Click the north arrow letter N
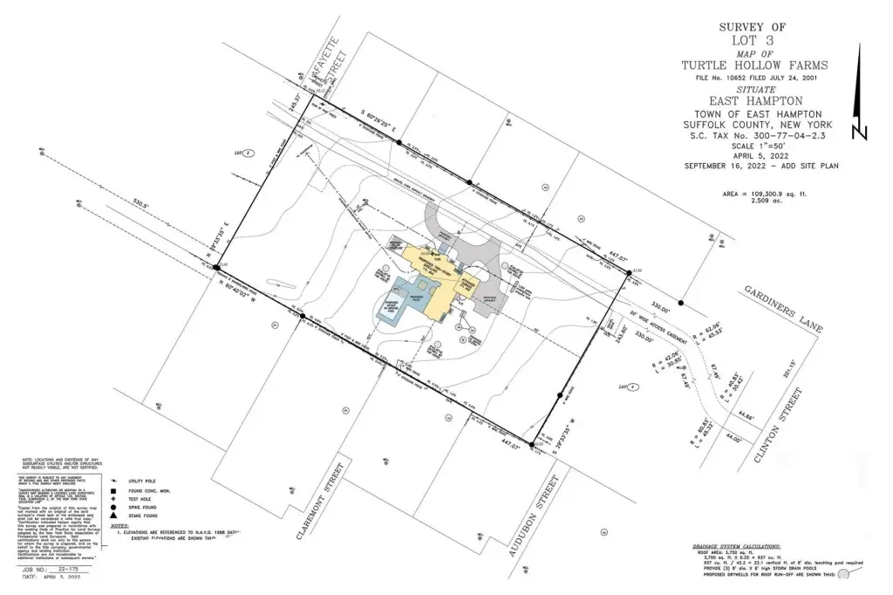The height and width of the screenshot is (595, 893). pyautogui.click(x=860, y=133)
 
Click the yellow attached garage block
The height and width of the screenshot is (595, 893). pyautogui.click(x=463, y=287)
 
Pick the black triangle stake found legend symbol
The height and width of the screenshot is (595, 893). pyautogui.click(x=115, y=518)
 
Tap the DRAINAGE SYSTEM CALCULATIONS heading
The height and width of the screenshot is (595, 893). pyautogui.click(x=738, y=548)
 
